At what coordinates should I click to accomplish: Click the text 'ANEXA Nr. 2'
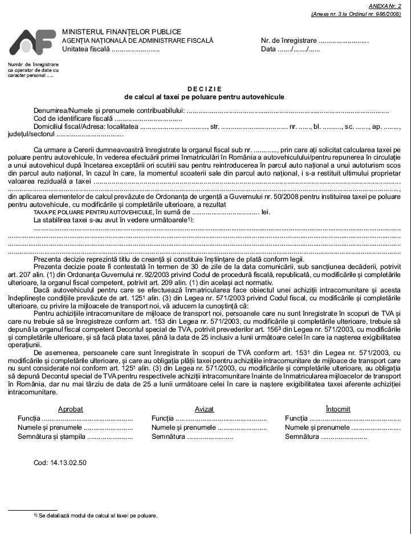pos(385,5)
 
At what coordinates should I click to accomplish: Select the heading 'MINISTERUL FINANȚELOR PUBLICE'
pos(121,32)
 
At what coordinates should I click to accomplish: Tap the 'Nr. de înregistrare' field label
pos(288,41)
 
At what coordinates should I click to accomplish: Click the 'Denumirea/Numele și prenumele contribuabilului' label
pos(109,110)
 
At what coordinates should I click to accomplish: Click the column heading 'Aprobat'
pos(71,409)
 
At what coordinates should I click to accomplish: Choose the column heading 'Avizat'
pos(204,409)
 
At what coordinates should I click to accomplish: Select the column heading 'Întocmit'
pos(338,409)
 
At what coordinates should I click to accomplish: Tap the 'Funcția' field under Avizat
pos(164,418)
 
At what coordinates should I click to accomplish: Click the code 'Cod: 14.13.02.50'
pos(60,463)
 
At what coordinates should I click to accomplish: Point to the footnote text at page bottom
pos(97,516)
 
